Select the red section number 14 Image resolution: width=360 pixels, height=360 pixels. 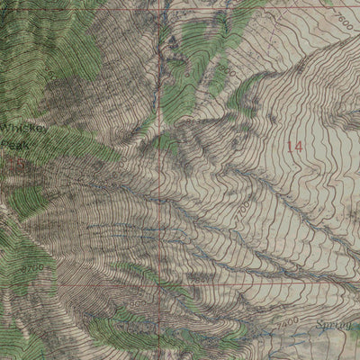coord(294,145)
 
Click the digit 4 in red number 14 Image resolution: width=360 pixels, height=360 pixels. coord(299,145)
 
